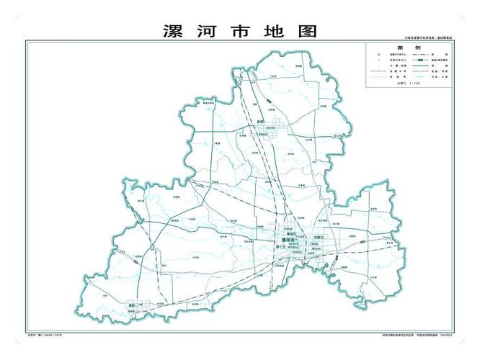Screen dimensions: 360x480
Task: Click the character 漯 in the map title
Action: pyautogui.click(x=173, y=32)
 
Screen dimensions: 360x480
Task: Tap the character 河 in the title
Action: pyautogui.click(x=209, y=32)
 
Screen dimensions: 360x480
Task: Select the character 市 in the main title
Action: pyautogui.click(x=244, y=32)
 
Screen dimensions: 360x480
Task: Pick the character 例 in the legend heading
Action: pyautogui.click(x=419, y=47)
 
